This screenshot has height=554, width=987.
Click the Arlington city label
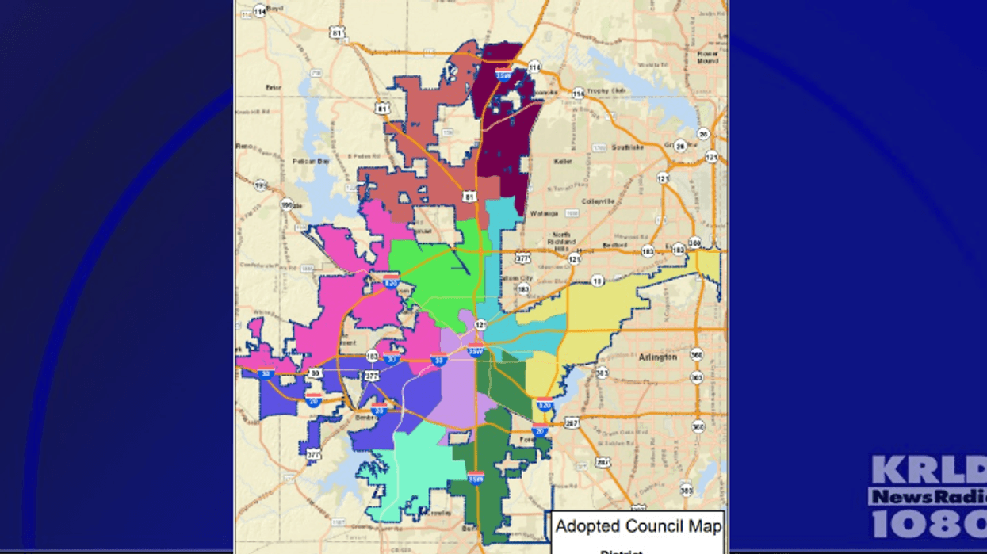pos(658,357)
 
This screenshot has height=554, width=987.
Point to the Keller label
pos(564,161)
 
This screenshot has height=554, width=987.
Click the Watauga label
pos(544,213)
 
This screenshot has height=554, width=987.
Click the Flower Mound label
pos(707,57)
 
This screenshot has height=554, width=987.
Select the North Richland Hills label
pos(561,242)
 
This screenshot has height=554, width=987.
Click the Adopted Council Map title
pos(638,525)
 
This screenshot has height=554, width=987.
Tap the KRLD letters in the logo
pos(928,471)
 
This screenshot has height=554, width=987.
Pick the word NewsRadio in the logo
pos(928,496)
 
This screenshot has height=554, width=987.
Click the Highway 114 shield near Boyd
pos(259,11)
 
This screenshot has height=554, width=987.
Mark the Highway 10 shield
pos(597,280)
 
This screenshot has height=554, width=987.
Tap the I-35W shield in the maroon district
pos(503,74)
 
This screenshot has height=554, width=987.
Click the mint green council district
pos(412,468)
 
